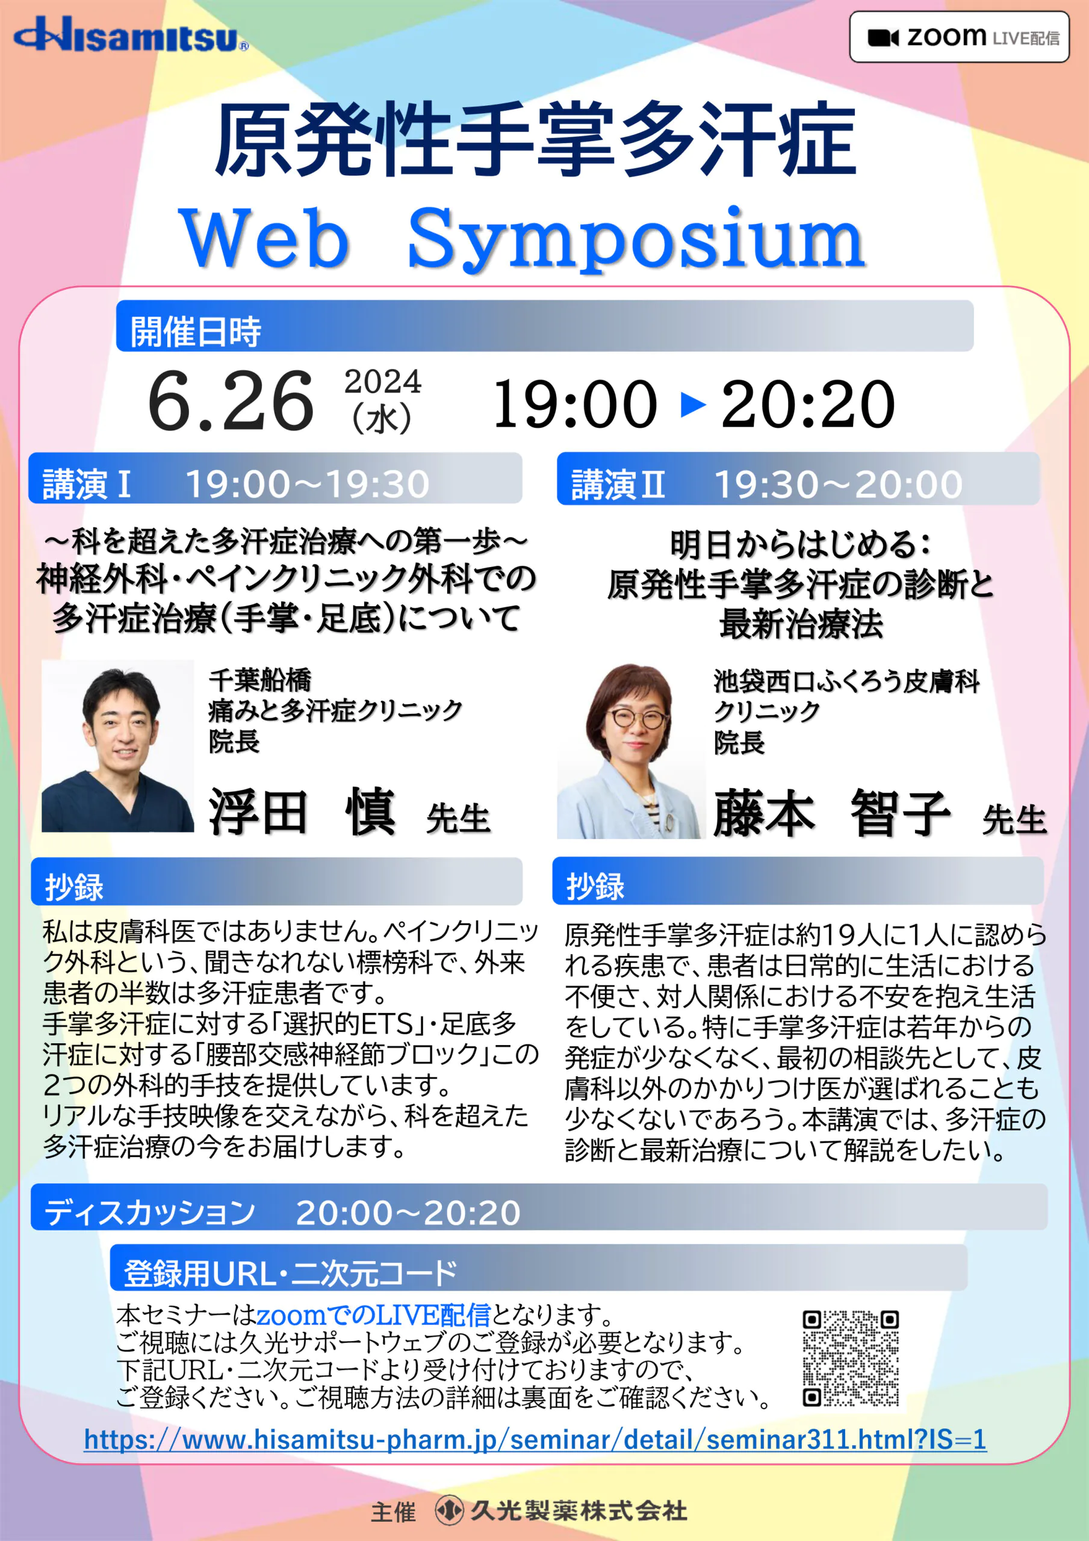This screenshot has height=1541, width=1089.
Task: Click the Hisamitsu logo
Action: click(x=131, y=35)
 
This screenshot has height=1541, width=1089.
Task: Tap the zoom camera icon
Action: click(x=883, y=37)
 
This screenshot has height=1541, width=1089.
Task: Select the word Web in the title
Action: click(x=263, y=238)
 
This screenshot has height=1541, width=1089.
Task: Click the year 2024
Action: click(x=383, y=382)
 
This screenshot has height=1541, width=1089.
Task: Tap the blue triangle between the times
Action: click(x=693, y=404)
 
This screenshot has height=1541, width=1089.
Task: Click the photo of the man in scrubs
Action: click(x=117, y=746)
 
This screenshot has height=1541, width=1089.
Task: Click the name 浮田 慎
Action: click(x=302, y=812)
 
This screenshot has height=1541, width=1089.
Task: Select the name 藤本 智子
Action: click(x=832, y=813)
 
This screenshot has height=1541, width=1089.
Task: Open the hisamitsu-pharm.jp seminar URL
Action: click(x=535, y=1439)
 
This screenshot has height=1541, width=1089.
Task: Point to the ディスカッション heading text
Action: click(x=149, y=1212)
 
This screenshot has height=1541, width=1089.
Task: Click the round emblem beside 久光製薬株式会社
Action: click(x=449, y=1511)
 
